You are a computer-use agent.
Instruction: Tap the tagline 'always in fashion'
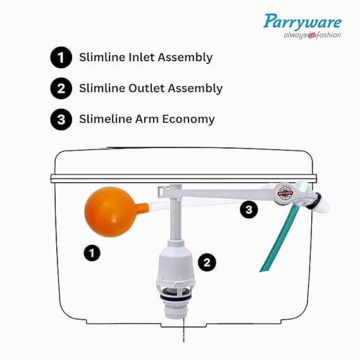[x=311, y=35]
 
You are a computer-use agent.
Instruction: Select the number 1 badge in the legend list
[x=60, y=58]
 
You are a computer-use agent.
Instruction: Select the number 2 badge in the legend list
[x=60, y=89]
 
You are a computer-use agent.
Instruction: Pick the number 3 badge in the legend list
[x=60, y=119]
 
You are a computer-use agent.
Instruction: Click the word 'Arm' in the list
[x=149, y=119]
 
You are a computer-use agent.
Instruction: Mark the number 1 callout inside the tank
[x=92, y=254]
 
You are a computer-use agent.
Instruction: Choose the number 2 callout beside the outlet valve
[x=207, y=261]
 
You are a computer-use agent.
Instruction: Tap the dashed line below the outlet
[x=183, y=327]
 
